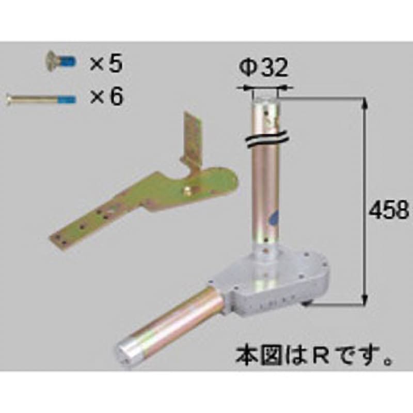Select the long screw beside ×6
click(41, 100)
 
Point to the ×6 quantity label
click(106, 97)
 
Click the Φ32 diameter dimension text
click(263, 68)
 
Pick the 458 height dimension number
click(389, 210)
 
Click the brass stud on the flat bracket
click(187, 190)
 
